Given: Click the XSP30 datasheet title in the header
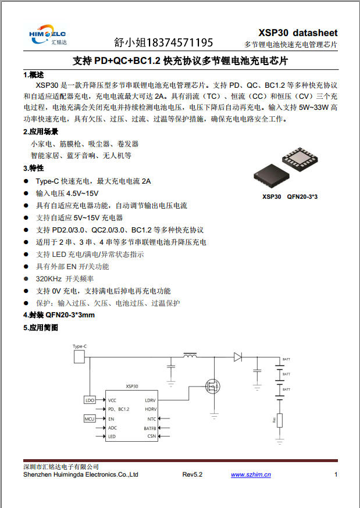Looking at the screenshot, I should pos(298,33).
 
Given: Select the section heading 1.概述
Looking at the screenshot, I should pos(34,75).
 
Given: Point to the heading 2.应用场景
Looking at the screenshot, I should pos(41,131).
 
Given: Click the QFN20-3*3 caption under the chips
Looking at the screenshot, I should pos(303,196).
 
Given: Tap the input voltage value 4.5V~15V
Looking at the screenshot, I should pos(83,193).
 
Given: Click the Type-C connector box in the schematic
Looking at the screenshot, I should pos(80,347).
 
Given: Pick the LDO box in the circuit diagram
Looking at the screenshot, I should pos(90,400).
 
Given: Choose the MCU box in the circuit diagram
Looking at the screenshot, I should pos(90,418).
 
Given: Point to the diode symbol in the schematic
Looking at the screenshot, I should pos(237,356).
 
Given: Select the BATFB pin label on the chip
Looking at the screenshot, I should pos(149,428).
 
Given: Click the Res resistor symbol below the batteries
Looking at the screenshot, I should pos(280,420).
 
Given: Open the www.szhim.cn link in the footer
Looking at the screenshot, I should pos(251,475).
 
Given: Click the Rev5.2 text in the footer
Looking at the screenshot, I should pos(192,475).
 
